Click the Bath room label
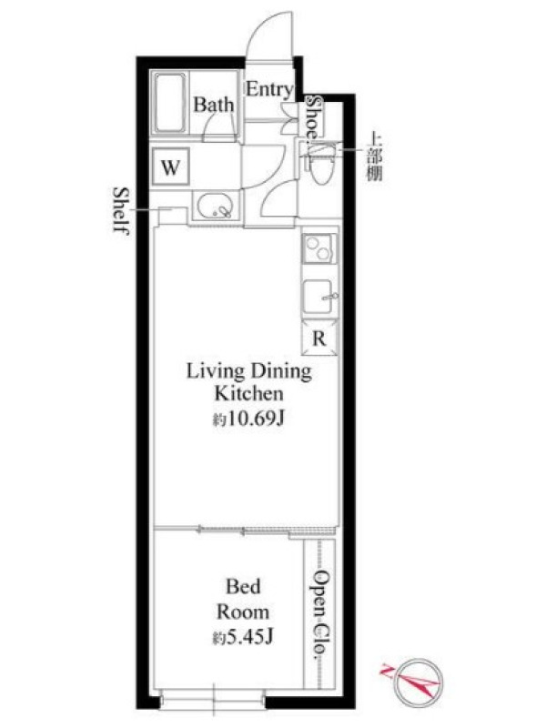tap(214, 105)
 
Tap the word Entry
tap(269, 89)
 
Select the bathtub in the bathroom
tap(169, 103)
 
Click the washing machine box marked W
tap(170, 167)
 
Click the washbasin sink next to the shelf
tap(216, 207)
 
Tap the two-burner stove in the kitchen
tap(319, 248)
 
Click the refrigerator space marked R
tap(319, 339)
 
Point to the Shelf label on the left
tap(121, 211)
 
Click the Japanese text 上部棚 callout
tap(374, 156)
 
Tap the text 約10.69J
tap(248, 420)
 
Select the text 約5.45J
tap(242, 638)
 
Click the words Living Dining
tap(248, 371)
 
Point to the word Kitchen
tap(248, 394)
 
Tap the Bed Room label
tap(243, 599)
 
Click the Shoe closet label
tap(313, 117)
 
